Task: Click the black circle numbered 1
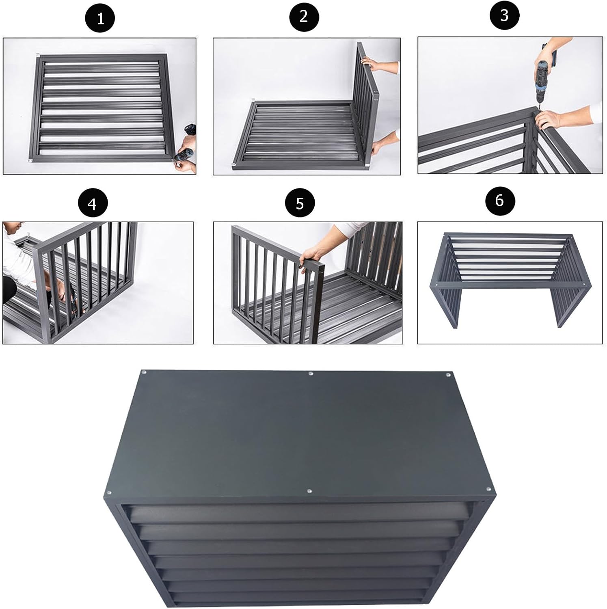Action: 100,18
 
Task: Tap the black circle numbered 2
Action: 304,17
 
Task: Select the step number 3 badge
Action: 504,16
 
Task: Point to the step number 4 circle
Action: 93,203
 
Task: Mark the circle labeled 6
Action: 499,200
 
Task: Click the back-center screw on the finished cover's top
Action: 311,373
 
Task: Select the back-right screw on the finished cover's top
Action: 448,374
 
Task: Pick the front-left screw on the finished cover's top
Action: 109,493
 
